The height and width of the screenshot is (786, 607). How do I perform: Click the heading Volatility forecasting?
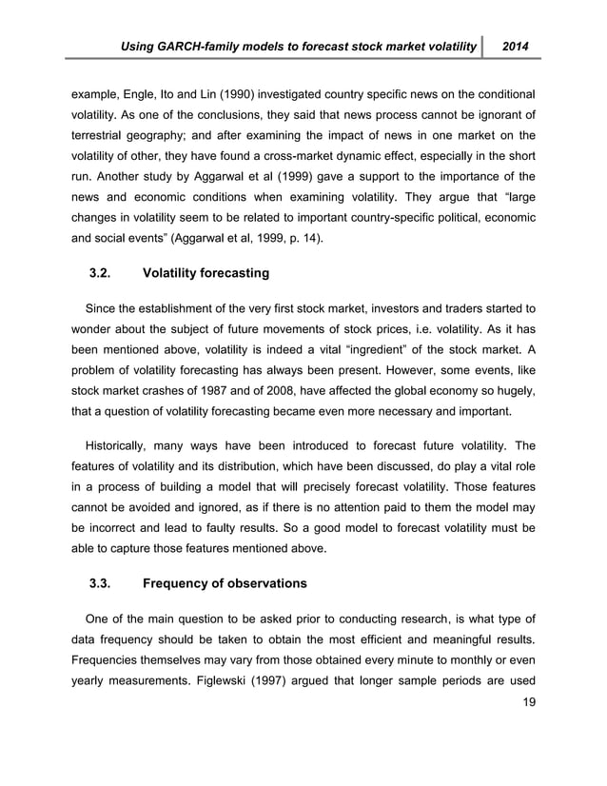coord(205,274)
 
